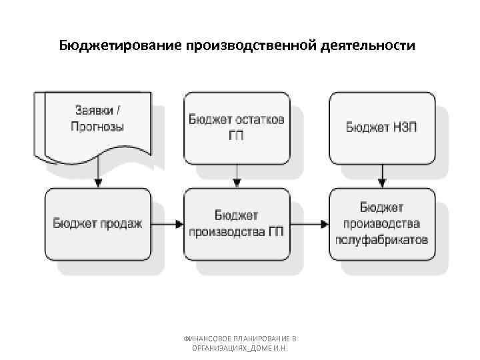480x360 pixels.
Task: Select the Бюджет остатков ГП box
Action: tap(237, 127)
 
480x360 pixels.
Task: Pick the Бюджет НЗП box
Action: tap(382, 127)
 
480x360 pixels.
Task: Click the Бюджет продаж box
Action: tap(98, 223)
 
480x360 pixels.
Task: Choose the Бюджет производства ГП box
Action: tap(237, 223)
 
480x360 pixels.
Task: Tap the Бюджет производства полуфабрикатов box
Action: tap(382, 223)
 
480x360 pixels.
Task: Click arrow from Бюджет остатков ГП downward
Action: tap(237, 176)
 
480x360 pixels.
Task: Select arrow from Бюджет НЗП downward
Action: tap(382, 176)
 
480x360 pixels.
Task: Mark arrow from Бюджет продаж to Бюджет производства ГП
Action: tap(167, 223)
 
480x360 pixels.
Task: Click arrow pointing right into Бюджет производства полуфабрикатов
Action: tap(309, 223)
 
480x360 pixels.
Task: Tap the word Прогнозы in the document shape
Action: tap(97, 127)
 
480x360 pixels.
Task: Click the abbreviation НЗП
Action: tap(403, 127)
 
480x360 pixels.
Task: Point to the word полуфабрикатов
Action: tap(382, 239)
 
